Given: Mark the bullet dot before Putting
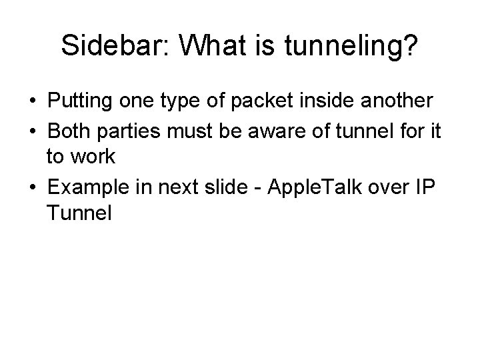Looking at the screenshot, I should (x=33, y=101).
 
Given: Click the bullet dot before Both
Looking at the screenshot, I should (x=33, y=130).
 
